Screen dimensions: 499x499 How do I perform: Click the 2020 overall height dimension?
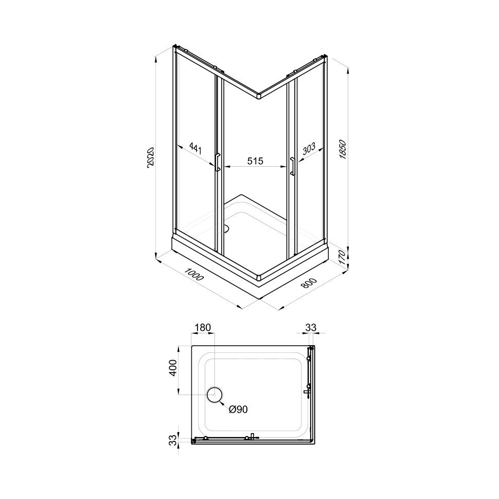(x=151, y=156)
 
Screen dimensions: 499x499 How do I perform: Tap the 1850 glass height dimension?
(x=343, y=149)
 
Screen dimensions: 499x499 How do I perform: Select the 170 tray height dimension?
(x=342, y=257)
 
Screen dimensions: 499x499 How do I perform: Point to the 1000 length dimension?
(x=194, y=274)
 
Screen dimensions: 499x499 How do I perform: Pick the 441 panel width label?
(x=195, y=148)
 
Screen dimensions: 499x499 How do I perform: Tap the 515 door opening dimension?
(x=256, y=161)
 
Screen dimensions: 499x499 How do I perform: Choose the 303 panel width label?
(x=308, y=149)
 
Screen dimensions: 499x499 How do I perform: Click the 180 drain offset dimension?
(x=203, y=328)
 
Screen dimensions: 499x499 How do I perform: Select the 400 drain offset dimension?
(x=172, y=368)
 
